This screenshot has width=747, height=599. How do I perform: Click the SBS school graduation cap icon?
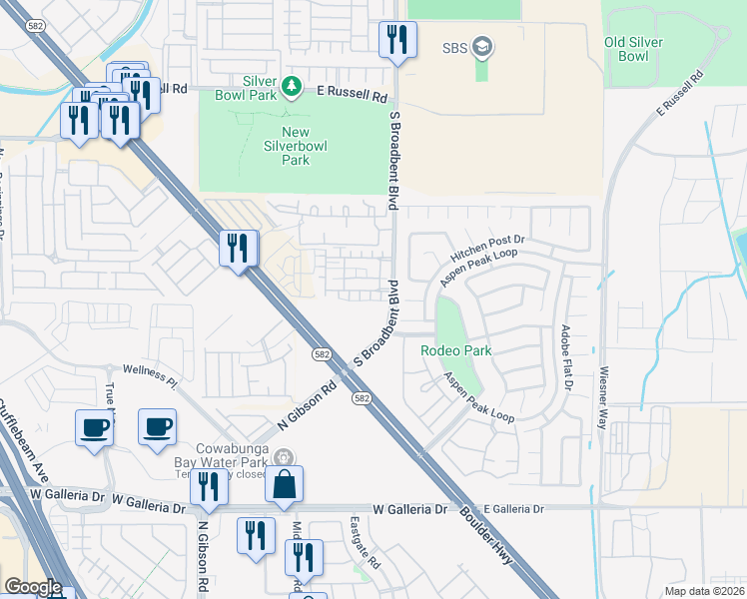click(x=482, y=47)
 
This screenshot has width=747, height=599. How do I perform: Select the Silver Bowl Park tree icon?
click(x=292, y=87)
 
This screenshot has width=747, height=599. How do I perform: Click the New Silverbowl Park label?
click(x=296, y=146)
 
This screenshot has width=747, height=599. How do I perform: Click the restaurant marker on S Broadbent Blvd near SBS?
click(x=397, y=40)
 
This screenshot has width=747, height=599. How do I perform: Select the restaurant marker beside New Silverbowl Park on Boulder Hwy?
click(x=238, y=248)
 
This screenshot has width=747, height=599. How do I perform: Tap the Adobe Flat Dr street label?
click(x=565, y=356)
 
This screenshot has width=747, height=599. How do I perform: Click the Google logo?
click(x=33, y=587)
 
